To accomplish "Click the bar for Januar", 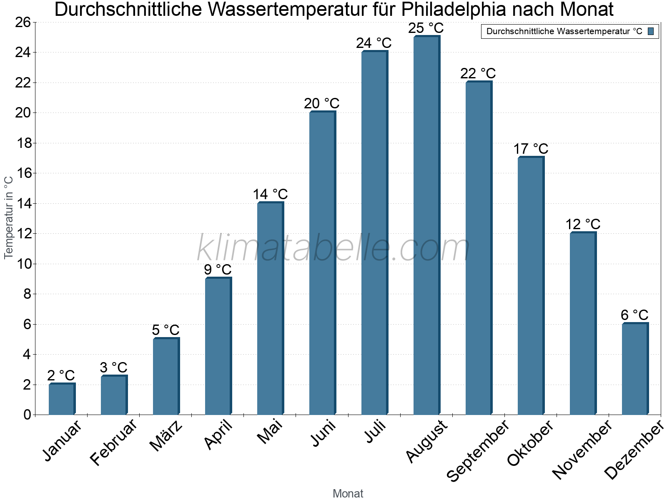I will [x=62, y=399].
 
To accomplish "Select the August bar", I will [x=426, y=225].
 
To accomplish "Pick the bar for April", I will [x=218, y=346].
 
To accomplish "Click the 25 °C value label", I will [x=426, y=28].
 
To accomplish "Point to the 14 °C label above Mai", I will [x=270, y=194].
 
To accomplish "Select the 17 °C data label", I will [x=531, y=149].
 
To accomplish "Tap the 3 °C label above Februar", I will [x=113, y=367].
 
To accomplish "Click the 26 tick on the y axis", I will [x=23, y=22].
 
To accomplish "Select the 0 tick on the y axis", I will [x=27, y=415].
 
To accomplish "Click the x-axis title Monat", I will [x=348, y=493].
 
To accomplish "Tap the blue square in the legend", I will [x=651, y=31].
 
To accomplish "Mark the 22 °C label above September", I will [x=478, y=73].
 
